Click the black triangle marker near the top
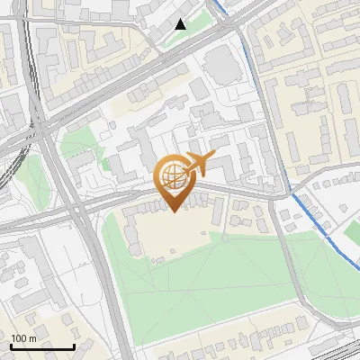coord(181,24)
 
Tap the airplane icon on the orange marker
coord(199,164)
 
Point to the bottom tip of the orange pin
coord(174,211)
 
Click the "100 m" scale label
coord(23,338)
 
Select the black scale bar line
coord(42,347)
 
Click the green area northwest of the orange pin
coord(76,144)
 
